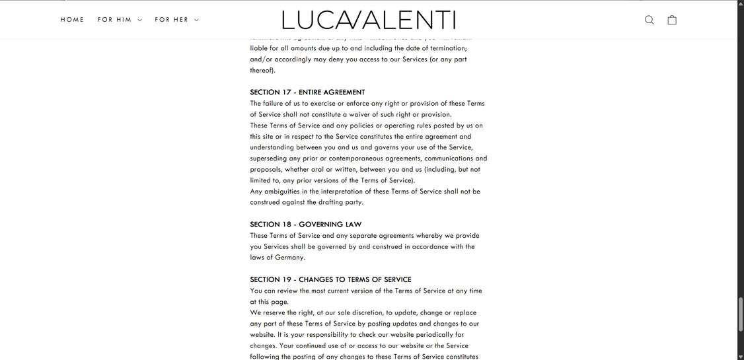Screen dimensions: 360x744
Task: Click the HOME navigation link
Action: (x=73, y=20)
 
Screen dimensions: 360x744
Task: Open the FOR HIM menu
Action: (x=120, y=20)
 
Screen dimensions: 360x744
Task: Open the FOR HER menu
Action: (x=176, y=20)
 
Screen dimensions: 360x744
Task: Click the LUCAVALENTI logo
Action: (x=369, y=20)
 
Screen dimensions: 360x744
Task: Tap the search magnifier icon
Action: (x=650, y=20)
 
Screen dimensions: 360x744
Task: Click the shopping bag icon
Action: (x=672, y=20)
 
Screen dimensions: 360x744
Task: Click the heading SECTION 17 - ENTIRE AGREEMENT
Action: (x=307, y=92)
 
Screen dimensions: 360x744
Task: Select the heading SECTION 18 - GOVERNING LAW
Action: (x=305, y=225)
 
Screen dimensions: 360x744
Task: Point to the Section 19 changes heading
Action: (x=330, y=280)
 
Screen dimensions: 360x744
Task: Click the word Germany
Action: (x=289, y=258)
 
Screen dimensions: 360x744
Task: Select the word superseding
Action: (x=268, y=159)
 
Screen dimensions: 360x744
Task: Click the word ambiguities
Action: (x=281, y=192)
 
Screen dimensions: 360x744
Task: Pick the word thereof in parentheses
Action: (x=262, y=70)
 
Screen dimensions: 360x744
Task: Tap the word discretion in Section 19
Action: (x=367, y=313)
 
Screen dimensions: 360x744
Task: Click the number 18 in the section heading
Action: (x=287, y=225)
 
